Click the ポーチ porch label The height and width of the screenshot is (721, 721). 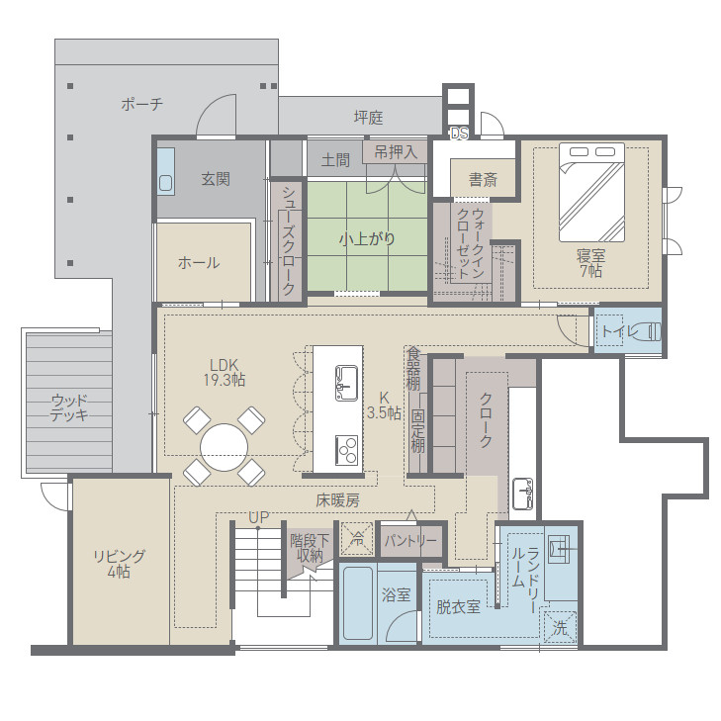coord(142,105)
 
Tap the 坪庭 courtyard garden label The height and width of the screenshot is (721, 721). coord(368,118)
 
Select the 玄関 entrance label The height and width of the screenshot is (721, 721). coord(216,179)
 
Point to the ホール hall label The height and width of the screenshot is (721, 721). coord(199,262)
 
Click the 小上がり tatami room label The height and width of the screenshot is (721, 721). coord(367,238)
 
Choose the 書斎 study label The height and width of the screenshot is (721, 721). coord(483,179)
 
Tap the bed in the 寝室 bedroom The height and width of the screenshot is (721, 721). coord(591,192)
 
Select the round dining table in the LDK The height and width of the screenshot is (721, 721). coord(224,447)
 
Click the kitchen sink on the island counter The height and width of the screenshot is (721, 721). coord(346,383)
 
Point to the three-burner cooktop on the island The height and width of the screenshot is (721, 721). coord(346,450)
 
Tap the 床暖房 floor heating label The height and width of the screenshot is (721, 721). coord(337,500)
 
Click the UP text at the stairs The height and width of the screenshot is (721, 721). coord(258,517)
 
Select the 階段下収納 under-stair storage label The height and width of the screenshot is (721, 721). coord(310,548)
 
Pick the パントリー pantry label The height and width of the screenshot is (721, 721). coord(410,541)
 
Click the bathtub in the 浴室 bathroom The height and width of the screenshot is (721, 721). coord(358,603)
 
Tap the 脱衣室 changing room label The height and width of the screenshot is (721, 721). coord(459,607)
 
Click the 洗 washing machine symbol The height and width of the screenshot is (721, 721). coord(560,628)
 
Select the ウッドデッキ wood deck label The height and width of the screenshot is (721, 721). coord(69,407)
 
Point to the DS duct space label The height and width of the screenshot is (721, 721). coord(459,134)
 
